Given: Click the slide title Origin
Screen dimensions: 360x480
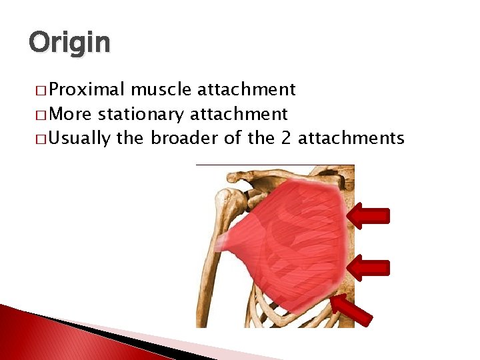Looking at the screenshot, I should pos(69,43).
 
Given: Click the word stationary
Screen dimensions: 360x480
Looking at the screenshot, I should pos(141,114).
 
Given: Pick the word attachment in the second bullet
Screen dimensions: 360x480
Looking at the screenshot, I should pos(239,114).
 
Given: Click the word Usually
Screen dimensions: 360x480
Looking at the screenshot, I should pos(80,138).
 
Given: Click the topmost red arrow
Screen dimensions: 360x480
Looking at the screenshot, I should pos(369,215).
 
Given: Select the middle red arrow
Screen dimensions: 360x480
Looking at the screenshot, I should pos(369,267).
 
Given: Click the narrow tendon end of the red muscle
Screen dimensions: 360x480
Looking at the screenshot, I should pos(223,239).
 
